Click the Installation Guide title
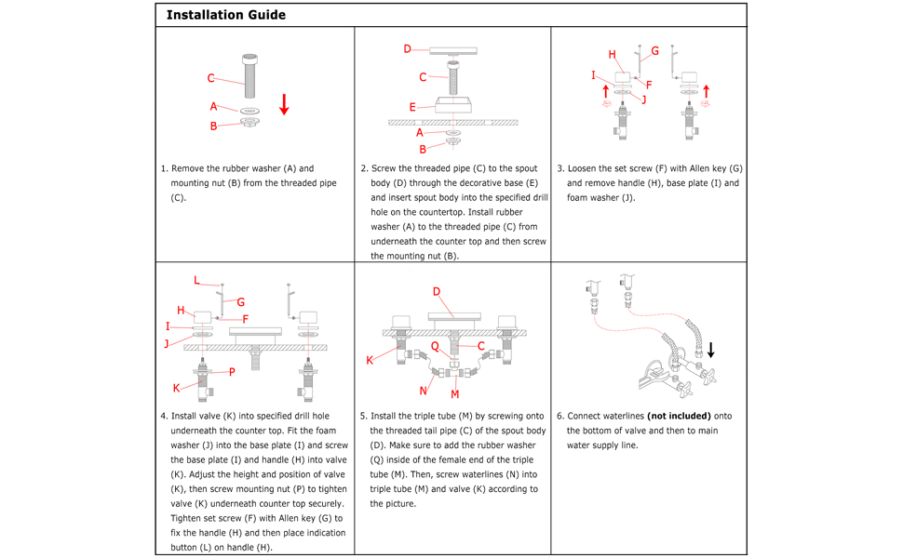coord(226,15)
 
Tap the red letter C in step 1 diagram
coord(211,78)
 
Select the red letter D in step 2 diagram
coord(407,48)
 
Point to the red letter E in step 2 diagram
coord(412,108)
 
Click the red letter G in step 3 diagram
coord(654,51)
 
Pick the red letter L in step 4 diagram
coord(196,280)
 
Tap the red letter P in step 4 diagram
coord(232,372)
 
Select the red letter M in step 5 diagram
coord(455,394)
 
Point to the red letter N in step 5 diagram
coord(424,391)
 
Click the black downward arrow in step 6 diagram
coord(710,350)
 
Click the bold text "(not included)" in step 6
coord(679,416)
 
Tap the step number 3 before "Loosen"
coord(559,169)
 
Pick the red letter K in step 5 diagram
coord(370,360)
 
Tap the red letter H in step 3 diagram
coord(612,55)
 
